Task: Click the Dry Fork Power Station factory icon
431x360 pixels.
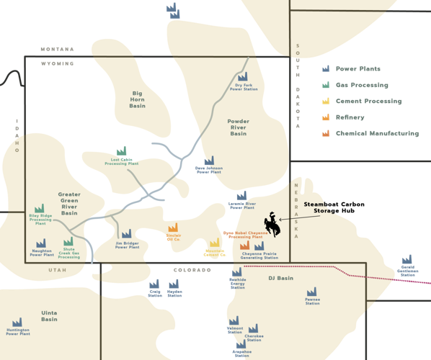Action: (242, 76)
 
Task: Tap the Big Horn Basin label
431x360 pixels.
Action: (138, 98)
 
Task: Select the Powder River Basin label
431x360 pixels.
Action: (239, 127)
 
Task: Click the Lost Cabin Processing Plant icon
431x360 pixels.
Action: (121, 151)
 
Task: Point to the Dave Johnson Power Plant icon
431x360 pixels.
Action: (209, 161)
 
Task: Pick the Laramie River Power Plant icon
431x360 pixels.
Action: (242, 195)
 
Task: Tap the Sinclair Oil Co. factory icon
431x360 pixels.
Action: (173, 228)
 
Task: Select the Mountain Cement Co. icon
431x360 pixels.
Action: (214, 243)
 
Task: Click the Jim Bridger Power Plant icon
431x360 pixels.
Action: (127, 234)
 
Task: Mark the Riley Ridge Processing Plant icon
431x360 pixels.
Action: (39, 209)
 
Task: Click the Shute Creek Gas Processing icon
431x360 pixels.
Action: (68, 242)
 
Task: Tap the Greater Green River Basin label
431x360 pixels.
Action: (69, 204)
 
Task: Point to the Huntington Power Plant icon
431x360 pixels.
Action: (18, 323)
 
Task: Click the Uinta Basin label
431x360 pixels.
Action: (49, 315)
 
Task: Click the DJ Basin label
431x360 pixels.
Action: (281, 278)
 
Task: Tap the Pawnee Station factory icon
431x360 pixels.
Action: (312, 293)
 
